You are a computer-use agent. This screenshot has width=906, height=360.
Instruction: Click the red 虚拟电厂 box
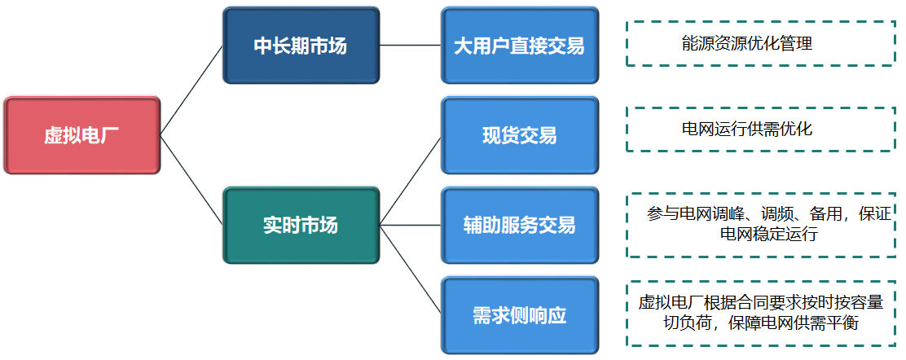coord(81,135)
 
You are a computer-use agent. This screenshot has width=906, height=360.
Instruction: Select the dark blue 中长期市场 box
coord(301,45)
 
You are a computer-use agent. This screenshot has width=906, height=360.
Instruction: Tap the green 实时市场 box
coord(301,225)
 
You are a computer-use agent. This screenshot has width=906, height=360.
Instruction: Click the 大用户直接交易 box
coord(520,45)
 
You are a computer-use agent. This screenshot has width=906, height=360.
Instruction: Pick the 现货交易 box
coord(520,135)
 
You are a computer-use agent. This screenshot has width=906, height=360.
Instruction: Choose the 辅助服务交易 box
coord(520,225)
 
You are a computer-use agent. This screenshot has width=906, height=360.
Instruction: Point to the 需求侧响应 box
coord(520,315)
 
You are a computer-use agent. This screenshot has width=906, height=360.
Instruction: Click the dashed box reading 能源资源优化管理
coord(761,44)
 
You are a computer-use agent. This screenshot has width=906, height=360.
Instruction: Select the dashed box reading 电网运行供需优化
coord(761,129)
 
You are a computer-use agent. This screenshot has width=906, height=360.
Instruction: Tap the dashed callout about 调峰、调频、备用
coord(761,225)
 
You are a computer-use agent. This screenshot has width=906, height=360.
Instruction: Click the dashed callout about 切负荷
coord(761,314)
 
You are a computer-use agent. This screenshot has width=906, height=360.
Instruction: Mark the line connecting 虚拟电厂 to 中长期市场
coord(191,90)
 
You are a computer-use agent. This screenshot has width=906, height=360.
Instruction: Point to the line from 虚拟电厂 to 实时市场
coord(191,180)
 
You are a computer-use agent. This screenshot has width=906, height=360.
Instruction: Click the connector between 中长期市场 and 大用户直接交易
coord(411,45)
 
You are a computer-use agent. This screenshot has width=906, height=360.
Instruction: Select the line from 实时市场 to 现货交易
coord(411,180)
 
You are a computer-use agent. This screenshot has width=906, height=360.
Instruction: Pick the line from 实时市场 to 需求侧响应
coord(411,270)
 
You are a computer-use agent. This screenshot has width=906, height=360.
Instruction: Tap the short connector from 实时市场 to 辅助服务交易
coord(411,225)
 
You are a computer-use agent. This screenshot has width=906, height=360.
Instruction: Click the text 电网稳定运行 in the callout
coord(768,235)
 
